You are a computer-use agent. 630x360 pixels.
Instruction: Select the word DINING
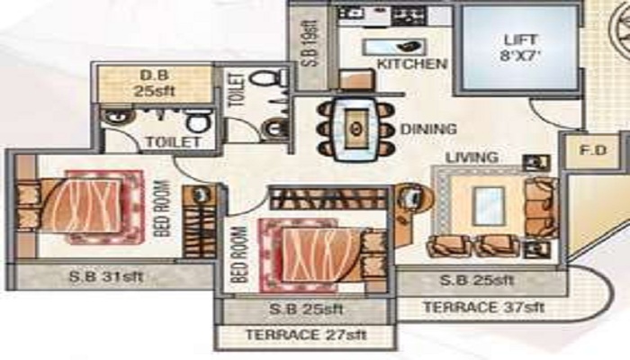coord(428,129)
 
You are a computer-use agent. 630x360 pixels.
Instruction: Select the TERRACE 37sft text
coord(484,307)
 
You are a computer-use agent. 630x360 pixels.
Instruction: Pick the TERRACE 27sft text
coord(304,337)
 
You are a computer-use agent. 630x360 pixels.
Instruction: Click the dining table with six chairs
coord(355,129)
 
